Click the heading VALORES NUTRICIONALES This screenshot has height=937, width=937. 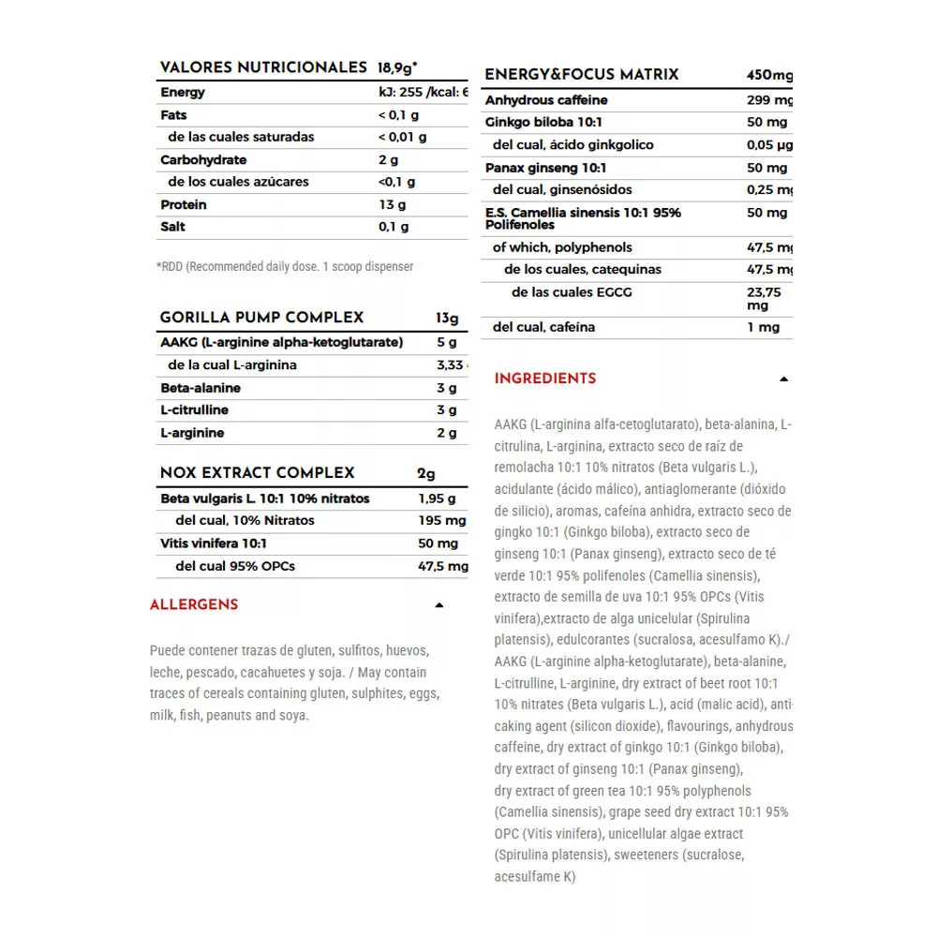pyautogui.click(x=263, y=67)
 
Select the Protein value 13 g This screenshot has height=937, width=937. pyautogui.click(x=393, y=204)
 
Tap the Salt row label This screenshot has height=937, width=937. pyautogui.click(x=173, y=227)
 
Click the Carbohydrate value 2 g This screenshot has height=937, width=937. pyautogui.click(x=389, y=159)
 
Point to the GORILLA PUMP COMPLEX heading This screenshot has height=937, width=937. pyautogui.click(x=261, y=318)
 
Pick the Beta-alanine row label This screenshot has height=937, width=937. pyautogui.click(x=201, y=388)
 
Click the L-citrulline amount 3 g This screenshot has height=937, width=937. pyautogui.click(x=447, y=410)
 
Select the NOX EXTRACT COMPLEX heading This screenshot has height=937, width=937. pyautogui.click(x=257, y=473)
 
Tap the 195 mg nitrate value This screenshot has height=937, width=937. pyautogui.click(x=441, y=521)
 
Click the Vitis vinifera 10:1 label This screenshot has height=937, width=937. pyautogui.click(x=214, y=543)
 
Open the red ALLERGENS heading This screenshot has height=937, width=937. pyautogui.click(x=194, y=605)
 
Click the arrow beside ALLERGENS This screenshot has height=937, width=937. pyautogui.click(x=439, y=605)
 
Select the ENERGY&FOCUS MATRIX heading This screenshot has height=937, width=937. pyautogui.click(x=581, y=75)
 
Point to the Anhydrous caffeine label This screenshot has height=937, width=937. pyautogui.click(x=546, y=100)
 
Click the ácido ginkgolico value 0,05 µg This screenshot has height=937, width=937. pyautogui.click(x=769, y=145)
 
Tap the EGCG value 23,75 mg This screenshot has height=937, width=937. pyautogui.click(x=765, y=299)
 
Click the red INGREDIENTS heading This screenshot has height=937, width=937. pyautogui.click(x=545, y=379)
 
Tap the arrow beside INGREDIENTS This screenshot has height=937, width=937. pyautogui.click(x=784, y=379)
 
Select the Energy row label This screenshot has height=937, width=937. pyautogui.click(x=183, y=93)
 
